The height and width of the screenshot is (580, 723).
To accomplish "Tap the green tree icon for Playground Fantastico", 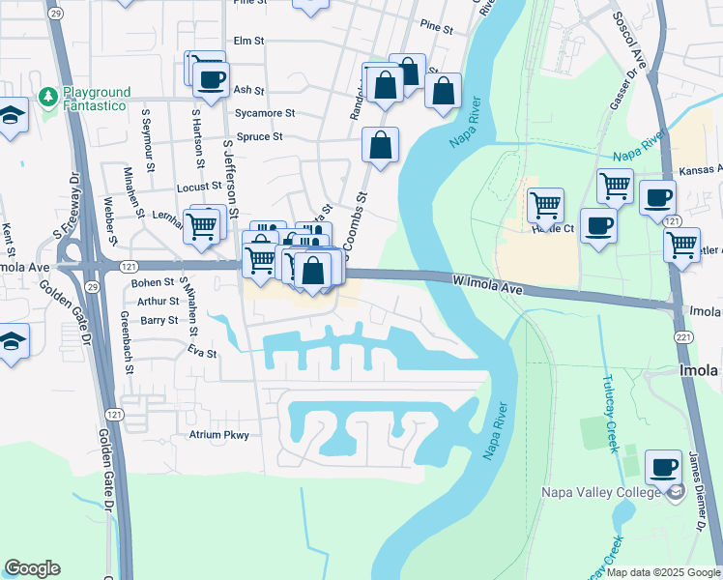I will coord(46,98).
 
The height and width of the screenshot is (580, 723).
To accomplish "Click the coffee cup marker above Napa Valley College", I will coord(663,469).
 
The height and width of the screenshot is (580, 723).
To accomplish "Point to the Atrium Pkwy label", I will coord(218,435).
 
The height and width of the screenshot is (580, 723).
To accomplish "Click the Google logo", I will coord(32,567).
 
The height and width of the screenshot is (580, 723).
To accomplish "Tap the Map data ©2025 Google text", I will coord(662,572).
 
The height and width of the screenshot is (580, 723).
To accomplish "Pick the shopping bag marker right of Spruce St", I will coord(381,146).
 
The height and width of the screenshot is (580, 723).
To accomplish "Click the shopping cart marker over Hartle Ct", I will coord(545,205).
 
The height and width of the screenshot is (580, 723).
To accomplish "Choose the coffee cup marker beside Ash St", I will coord(211,80).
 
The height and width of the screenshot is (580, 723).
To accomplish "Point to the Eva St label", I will coord(202,354).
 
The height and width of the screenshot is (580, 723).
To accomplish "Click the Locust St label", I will coord(199,186).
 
